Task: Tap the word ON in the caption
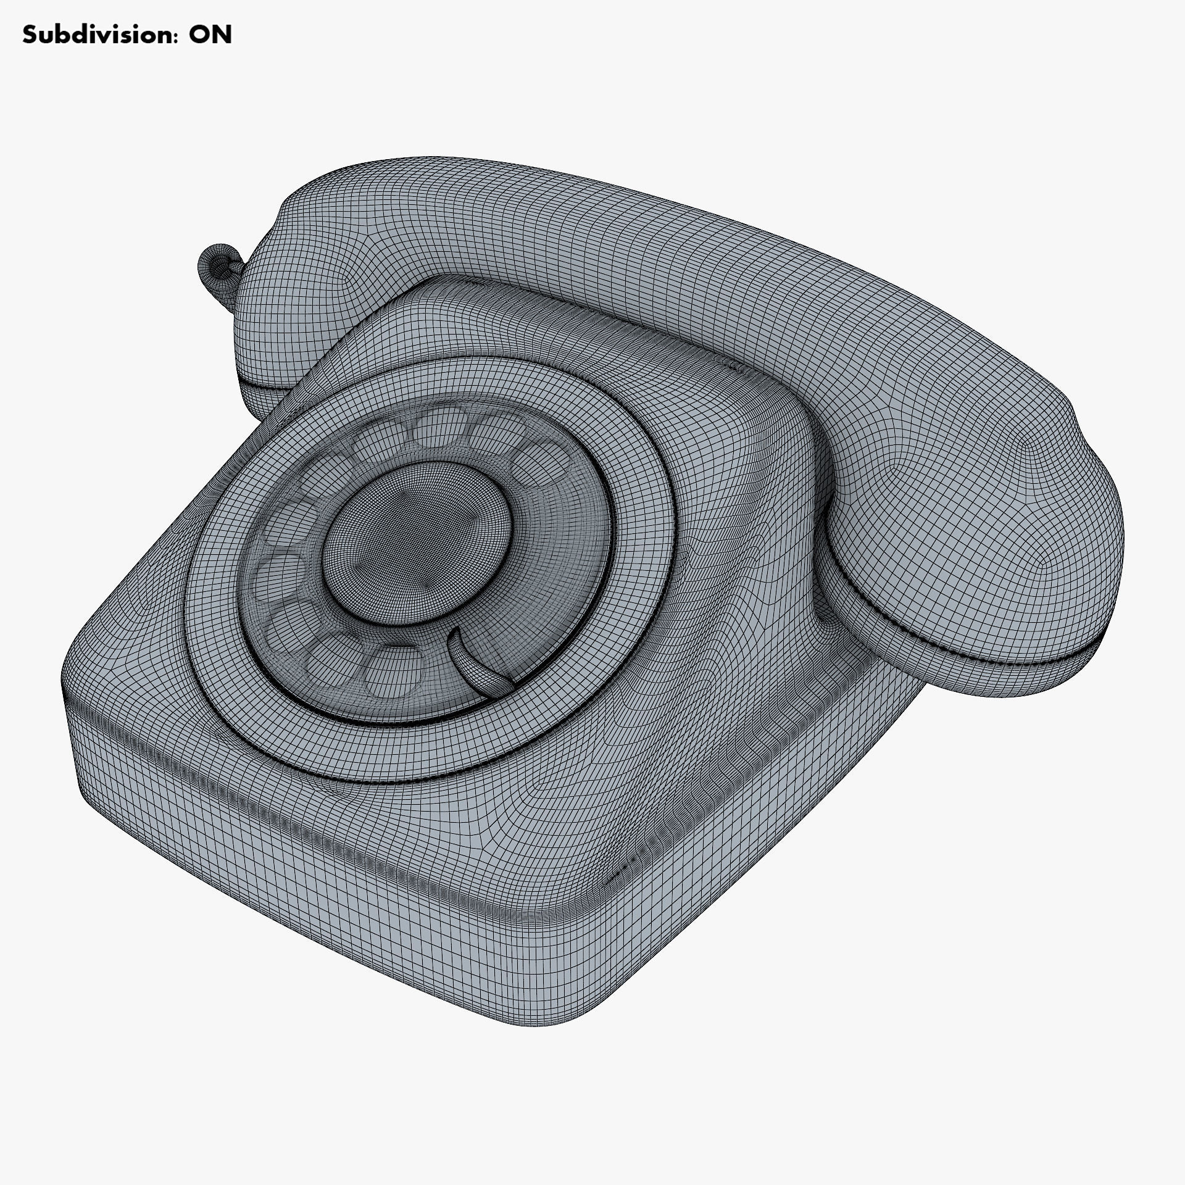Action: coord(210,35)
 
